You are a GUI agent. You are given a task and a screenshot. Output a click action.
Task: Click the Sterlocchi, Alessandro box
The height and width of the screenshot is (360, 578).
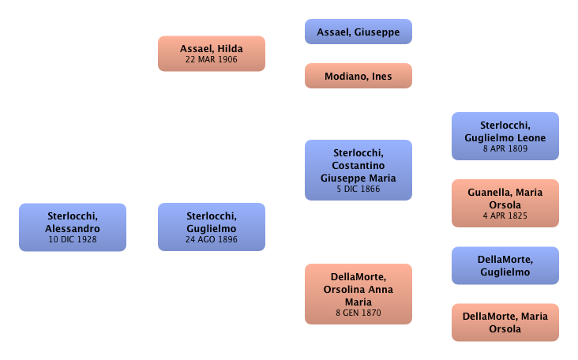(73, 227)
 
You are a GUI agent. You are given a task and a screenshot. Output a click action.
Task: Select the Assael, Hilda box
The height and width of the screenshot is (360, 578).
(211, 54)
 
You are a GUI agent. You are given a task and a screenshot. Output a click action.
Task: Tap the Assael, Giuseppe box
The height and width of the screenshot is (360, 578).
(358, 32)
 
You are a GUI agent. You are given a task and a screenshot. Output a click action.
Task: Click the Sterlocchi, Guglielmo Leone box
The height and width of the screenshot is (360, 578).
(505, 137)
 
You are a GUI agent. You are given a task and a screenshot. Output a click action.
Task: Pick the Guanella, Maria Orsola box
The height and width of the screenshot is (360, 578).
(505, 204)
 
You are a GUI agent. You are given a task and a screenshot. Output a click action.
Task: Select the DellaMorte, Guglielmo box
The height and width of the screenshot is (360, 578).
(505, 266)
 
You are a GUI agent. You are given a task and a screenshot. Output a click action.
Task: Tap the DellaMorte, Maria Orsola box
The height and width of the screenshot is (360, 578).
(505, 323)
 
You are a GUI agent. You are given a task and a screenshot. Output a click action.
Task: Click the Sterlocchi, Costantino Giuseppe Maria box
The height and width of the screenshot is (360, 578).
(358, 171)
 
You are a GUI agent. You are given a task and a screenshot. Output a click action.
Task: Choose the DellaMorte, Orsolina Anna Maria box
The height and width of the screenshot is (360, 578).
(358, 294)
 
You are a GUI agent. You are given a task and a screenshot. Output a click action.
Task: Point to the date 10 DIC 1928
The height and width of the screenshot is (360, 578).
(73, 239)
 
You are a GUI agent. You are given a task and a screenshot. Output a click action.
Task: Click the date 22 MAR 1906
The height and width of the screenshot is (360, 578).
(211, 59)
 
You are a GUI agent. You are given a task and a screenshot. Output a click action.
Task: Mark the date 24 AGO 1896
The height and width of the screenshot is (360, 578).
(211, 239)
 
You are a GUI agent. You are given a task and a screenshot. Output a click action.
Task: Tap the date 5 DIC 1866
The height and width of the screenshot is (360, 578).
(358, 189)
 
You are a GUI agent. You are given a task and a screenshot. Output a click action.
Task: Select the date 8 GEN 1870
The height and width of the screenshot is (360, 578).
(358, 313)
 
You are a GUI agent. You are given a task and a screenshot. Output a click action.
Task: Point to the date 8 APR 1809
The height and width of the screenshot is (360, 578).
(505, 148)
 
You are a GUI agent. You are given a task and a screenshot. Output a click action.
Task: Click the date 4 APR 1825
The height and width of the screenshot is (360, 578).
(505, 216)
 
